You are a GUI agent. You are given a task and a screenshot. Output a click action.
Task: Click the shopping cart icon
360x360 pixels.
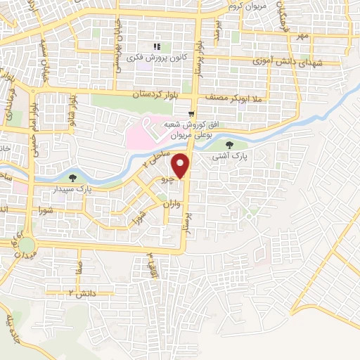(x=191, y=112)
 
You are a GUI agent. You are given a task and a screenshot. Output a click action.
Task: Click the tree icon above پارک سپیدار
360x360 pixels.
(x=75, y=177)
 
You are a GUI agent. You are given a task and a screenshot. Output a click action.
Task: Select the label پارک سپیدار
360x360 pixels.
(x=94, y=189)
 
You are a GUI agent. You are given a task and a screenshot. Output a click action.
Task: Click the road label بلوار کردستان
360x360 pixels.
(x=159, y=95)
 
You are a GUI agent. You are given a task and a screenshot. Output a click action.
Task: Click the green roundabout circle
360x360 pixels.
(x=27, y=245)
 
